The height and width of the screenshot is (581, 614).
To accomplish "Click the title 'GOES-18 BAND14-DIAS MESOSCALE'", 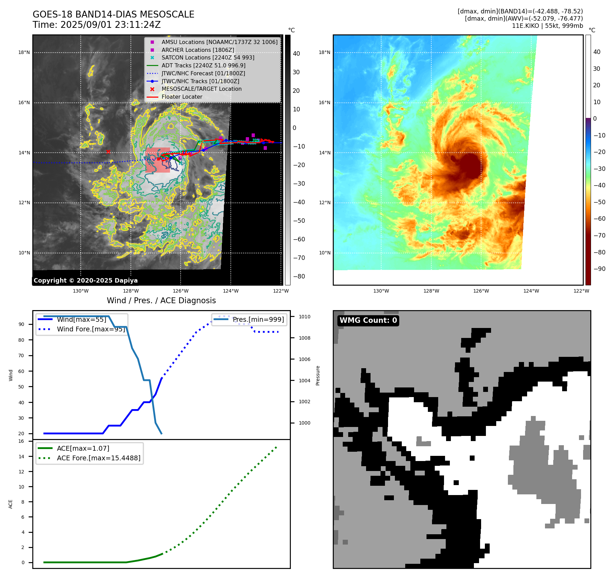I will coord(113,14).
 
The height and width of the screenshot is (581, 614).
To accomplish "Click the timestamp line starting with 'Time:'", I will coord(96,25).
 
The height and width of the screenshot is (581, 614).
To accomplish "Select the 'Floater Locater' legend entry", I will coord(182,97).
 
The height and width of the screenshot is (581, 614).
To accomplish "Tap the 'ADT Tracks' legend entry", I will coord(203,66).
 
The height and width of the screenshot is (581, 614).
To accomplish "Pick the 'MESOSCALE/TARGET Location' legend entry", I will coord(201,89).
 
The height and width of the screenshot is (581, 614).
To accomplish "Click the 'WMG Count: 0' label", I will coord(368,320).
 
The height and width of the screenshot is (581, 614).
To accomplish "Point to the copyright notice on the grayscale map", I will coord(86,281).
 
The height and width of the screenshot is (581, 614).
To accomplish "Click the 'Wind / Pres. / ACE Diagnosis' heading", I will coord(161,301).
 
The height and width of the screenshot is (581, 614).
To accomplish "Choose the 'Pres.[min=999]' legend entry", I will coord(258,320).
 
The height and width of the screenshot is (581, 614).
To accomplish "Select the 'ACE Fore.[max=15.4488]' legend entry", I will coord(99,458).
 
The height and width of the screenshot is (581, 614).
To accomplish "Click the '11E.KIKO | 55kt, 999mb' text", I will coord(547,26).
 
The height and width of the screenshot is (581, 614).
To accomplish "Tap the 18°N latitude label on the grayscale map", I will coord(24,53).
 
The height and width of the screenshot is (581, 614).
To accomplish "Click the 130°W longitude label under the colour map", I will coord(381,291).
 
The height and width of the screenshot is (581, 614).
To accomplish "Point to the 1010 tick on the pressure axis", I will coord(304,317).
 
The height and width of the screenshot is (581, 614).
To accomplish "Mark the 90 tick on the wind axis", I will coord(22,325).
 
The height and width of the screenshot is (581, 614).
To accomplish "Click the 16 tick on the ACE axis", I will coord(21,441).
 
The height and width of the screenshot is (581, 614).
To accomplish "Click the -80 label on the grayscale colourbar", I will coord(299,276).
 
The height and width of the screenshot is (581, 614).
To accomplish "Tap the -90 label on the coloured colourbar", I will coord(599,269).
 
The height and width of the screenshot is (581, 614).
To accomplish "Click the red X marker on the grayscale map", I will coord(108,152).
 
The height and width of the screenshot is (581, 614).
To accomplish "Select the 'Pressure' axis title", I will coord(318,375).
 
